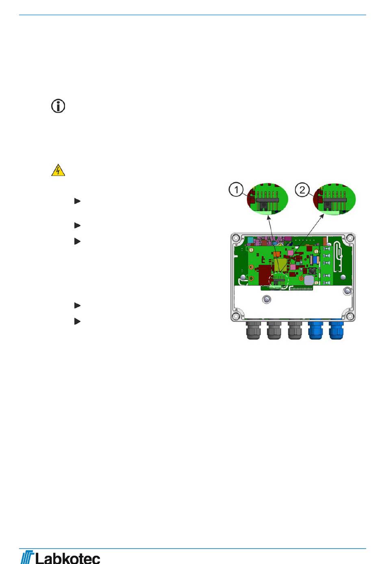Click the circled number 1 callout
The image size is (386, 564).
236,189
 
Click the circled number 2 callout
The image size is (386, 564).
302,190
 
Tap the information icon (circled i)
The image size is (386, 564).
58,106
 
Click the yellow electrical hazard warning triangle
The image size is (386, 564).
58,170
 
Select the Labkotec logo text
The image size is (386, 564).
67,557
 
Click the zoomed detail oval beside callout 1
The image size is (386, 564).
267,199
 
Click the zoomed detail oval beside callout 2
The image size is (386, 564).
334,199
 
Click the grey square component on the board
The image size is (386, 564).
309,280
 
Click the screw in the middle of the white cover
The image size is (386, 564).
266,299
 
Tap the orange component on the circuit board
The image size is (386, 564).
277,254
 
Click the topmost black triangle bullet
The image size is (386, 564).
77,201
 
